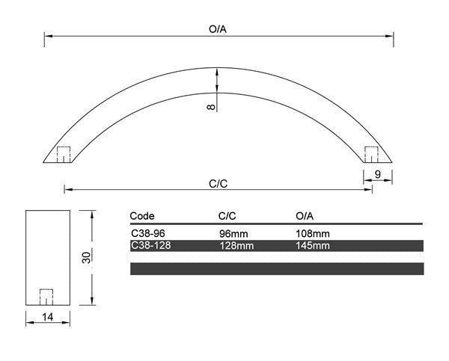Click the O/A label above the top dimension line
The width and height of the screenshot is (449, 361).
[219, 28]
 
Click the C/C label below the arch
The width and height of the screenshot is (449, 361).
[219, 182]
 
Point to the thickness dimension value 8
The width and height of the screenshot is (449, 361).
[212, 107]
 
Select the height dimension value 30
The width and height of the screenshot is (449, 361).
[86, 258]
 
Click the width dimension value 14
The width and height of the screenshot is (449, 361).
[48, 318]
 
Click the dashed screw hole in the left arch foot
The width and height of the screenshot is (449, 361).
[64, 154]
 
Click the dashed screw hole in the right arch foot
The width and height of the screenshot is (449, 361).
[371, 154]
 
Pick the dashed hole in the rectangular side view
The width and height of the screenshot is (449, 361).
[47, 296]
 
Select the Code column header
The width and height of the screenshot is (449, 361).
[142, 215]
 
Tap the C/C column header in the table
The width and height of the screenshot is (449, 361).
[227, 215]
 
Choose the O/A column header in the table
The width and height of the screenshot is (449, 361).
[306, 215]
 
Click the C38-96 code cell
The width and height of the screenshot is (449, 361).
[147, 233]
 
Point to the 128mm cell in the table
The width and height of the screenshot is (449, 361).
[235, 245]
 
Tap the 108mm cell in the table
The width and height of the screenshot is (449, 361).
[313, 233]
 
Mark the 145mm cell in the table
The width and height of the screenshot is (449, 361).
[313, 245]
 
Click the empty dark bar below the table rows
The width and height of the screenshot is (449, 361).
[277, 268]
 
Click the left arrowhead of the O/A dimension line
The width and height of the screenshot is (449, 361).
[46, 35]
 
